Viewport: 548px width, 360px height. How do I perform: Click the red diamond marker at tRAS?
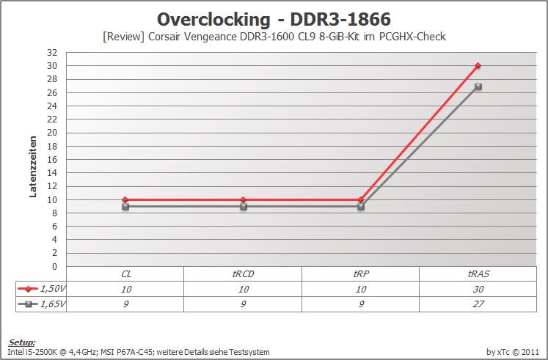coord(478,66)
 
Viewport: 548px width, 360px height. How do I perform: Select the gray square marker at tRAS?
coord(478,87)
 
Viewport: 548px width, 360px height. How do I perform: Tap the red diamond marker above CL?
coord(125,199)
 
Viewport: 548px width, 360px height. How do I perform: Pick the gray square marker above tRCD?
coord(244,207)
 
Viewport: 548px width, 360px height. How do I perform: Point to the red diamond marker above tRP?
coord(361,199)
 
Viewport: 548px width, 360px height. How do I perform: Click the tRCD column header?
coord(244,274)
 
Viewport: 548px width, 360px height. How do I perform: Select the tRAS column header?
coord(478,274)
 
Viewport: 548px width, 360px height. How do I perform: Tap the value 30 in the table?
coord(478,289)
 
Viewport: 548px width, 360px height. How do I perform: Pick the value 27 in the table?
coord(478,304)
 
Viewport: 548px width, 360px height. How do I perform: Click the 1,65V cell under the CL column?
coord(125,304)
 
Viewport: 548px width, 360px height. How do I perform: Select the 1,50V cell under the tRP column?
coord(361,289)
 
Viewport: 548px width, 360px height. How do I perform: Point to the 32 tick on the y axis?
coord(52,53)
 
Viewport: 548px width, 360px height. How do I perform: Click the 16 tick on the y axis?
coord(52,160)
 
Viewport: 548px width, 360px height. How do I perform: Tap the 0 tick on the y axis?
coord(54,266)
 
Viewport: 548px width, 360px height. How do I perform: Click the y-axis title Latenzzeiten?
coord(33,166)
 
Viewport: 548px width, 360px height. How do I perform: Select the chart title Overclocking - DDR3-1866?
coord(274,20)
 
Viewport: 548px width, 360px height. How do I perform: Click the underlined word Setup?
coord(22,342)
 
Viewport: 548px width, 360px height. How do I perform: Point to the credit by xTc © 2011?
coord(513,352)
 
